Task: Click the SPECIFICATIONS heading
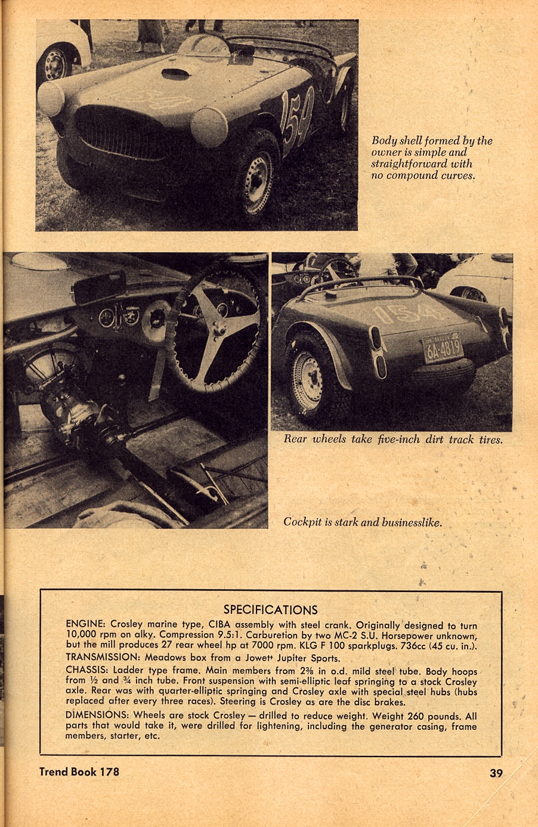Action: coord(270,609)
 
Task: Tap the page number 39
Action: coord(496,773)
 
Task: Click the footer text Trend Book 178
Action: coord(79,772)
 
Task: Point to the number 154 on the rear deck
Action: coord(407,314)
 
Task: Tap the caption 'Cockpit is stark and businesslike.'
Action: coord(363,522)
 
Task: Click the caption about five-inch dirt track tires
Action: coord(392,439)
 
